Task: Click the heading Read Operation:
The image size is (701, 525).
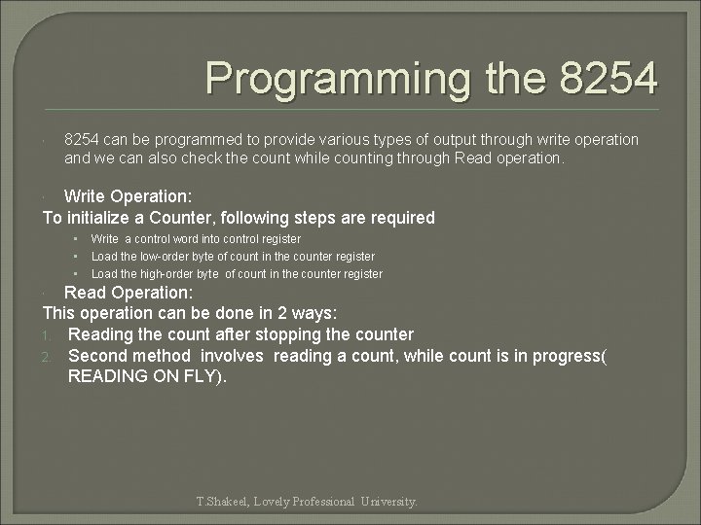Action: (x=129, y=293)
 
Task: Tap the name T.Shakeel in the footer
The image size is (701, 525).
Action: (x=222, y=502)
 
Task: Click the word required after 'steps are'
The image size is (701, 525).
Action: (x=399, y=218)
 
